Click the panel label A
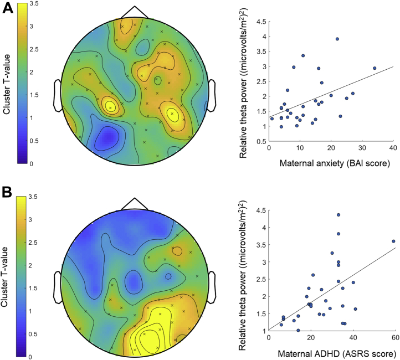click(7, 9)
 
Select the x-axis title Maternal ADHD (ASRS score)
click(331, 353)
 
